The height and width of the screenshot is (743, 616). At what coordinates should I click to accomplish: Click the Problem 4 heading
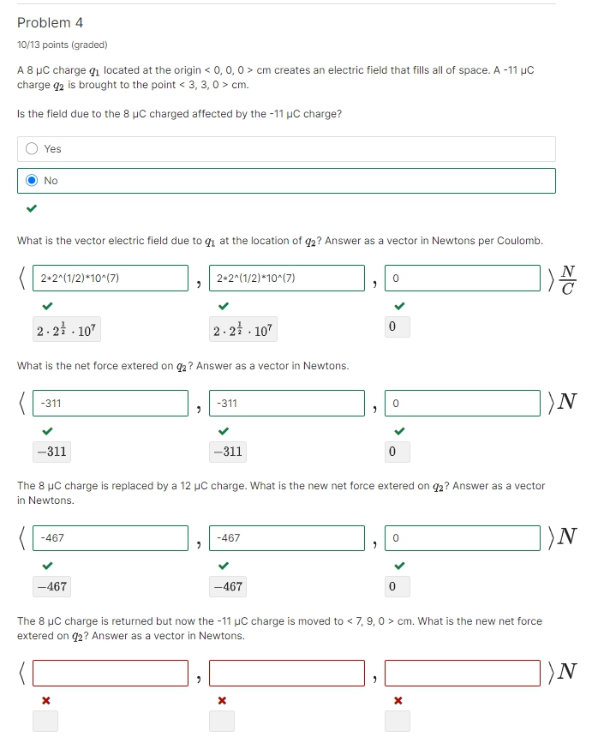pos(50,23)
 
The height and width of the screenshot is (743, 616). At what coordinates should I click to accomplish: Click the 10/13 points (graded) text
pos(63,45)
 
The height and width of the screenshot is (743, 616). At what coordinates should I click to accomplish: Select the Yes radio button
pos(32,149)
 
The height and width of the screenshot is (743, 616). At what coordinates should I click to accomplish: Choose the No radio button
pos(32,181)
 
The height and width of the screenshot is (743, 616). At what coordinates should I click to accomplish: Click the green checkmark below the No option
pos(32,208)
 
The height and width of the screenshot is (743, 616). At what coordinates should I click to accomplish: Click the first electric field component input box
pos(111,279)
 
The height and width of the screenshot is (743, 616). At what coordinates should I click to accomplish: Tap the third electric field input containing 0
pos(463,279)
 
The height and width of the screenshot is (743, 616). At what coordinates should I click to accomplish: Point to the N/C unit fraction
pos(567,279)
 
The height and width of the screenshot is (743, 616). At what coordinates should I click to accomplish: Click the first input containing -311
pos(111,403)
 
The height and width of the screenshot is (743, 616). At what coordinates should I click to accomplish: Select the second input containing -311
pos(287,403)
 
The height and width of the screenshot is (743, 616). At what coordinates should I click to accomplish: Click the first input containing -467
pos(111,538)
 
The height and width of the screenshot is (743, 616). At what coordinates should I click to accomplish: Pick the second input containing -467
pos(287,538)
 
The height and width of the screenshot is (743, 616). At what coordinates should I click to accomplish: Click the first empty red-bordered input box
pos(111,674)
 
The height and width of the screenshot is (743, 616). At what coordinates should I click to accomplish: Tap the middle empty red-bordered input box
pos(287,674)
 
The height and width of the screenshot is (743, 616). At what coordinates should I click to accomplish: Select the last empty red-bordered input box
pos(463,674)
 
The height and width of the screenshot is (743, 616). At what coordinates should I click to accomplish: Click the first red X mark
pos(47,701)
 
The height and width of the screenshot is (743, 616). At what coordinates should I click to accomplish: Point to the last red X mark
pos(398,701)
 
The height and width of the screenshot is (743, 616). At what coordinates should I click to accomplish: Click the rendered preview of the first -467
pos(51,587)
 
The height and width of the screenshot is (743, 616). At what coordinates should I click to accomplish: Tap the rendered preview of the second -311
pos(227,452)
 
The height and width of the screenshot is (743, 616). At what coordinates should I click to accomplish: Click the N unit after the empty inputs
pos(566,673)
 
